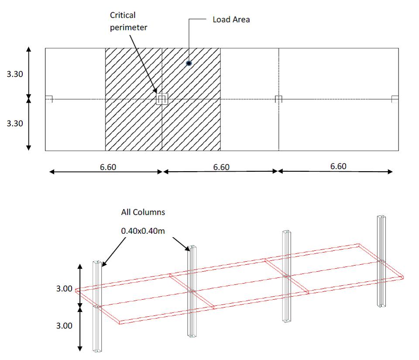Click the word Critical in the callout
(x=123, y=15)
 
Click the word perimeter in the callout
(x=128, y=28)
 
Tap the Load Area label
(x=231, y=20)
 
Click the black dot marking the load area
(x=189, y=63)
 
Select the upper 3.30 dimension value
(x=15, y=74)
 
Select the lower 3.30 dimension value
(x=15, y=124)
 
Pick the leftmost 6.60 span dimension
(x=108, y=167)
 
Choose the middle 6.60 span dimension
(x=221, y=167)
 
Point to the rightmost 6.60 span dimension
(x=338, y=166)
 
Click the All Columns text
(x=143, y=212)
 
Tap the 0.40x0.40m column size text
(x=143, y=231)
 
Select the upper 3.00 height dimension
(x=64, y=289)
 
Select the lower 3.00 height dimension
(x=64, y=326)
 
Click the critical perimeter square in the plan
(x=162, y=94)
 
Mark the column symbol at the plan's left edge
(x=48, y=99)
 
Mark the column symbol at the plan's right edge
(x=395, y=99)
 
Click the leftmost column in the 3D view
(x=97, y=306)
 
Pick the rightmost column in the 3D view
(x=381, y=261)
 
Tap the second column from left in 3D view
(x=192, y=291)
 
